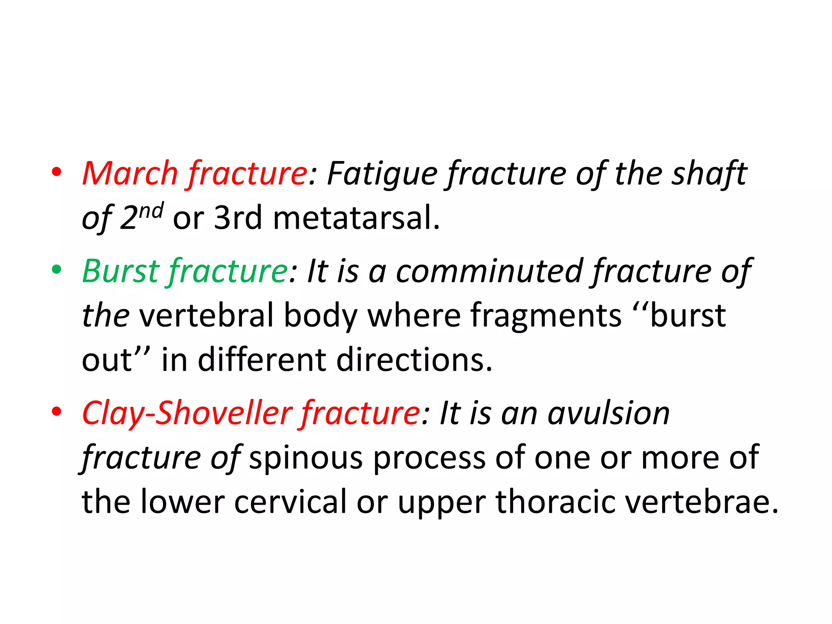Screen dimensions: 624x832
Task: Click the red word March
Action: pos(130,174)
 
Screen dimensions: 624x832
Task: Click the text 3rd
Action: pos(238,218)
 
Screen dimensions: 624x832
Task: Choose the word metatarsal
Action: pos(356,218)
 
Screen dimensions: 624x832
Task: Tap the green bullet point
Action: pos(56,269)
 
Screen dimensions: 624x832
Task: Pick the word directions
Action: pos(414,360)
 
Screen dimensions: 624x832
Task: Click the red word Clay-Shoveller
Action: pos(187,414)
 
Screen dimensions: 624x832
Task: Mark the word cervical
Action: pos(290,502)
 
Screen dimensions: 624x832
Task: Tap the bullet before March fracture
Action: pos(56,172)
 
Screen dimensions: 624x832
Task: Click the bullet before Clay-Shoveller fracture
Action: pos(56,412)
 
